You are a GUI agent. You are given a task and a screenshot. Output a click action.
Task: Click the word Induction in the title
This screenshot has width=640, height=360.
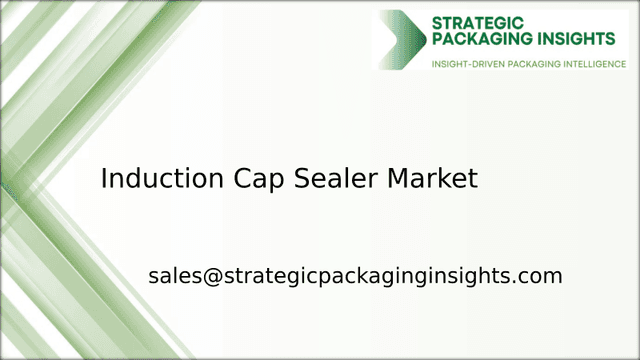pos(162,178)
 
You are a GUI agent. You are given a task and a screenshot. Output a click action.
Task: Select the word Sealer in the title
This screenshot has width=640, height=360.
pos(336,178)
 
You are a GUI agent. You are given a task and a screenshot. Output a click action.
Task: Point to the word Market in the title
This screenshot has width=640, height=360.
pos(433,178)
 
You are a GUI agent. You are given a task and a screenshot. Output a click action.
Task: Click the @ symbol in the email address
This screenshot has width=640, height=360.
pos(213,276)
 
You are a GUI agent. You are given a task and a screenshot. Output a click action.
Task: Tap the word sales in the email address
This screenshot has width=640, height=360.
pos(175,276)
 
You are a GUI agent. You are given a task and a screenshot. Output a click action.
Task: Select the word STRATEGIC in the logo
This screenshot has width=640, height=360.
pos(478,23)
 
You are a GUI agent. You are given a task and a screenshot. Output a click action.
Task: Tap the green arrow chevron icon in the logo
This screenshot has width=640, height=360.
pos(403,40)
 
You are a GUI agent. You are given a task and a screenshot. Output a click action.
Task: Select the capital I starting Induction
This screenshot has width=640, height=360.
pos(103,178)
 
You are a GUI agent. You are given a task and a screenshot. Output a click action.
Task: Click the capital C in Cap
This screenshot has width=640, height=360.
pos(242,178)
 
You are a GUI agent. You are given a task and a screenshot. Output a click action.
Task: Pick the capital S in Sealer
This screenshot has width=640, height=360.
pos(302,178)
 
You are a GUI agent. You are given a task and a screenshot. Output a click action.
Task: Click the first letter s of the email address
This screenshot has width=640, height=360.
pos(153,278)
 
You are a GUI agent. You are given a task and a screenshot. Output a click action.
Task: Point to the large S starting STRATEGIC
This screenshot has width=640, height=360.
pos(437,23)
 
